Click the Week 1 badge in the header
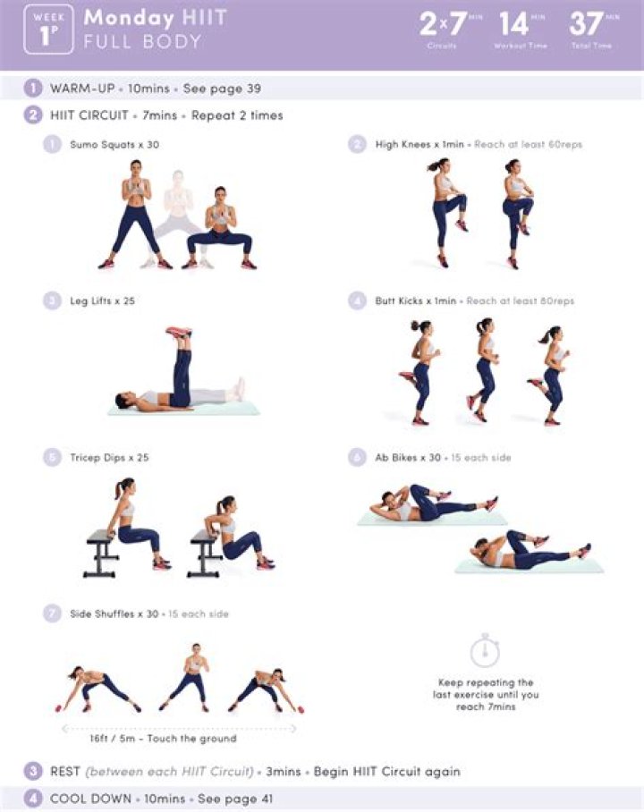coord(48,30)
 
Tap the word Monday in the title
coord(129,18)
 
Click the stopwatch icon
coord(484,649)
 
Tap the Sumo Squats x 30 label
coord(114,145)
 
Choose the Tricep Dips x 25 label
coord(109,458)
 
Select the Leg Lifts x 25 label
coord(103,301)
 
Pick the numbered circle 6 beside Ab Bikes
coord(357,458)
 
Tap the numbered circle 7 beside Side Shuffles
coord(52,614)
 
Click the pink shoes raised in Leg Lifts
coord(179,333)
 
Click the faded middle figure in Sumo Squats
coord(178,219)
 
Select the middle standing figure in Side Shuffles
coord(194,675)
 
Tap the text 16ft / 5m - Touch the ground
coord(163,739)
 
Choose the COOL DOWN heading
coord(89,799)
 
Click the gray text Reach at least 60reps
coord(528,145)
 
